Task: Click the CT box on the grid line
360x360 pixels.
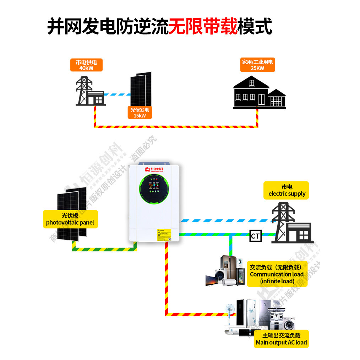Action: click(255, 235)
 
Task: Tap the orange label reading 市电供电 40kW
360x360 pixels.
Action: click(86, 65)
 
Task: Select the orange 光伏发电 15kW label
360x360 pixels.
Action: click(140, 113)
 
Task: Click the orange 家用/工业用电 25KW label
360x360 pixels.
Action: click(257, 65)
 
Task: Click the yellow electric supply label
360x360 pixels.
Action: click(287, 190)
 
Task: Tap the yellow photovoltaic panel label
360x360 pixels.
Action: click(70, 219)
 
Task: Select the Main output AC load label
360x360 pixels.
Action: click(281, 339)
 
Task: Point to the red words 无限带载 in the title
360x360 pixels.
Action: click(203, 27)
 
